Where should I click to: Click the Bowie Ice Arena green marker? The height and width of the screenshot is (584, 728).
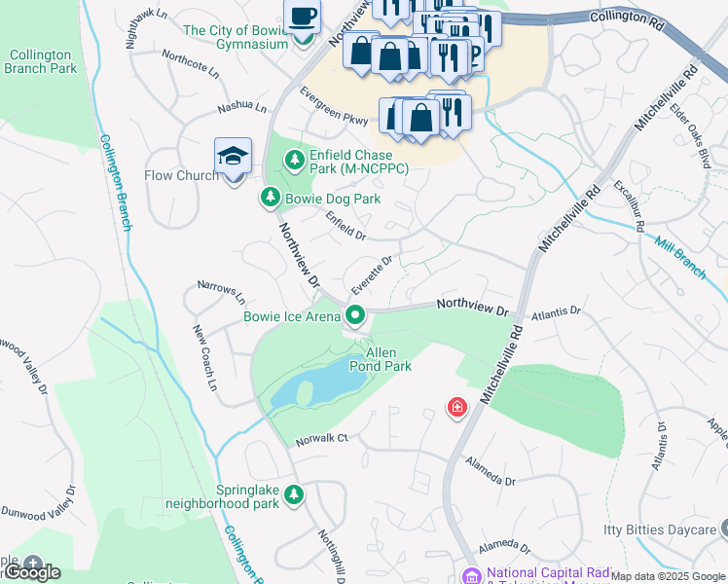[x=355, y=314]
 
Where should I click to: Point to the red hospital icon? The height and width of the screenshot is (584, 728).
[x=455, y=408]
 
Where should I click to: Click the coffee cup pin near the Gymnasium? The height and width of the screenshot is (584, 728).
[x=302, y=18]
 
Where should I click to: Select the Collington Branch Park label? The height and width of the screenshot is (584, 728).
[x=40, y=62]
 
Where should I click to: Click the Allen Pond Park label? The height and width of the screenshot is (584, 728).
[x=389, y=359]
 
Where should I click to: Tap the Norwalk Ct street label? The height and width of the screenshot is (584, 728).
[x=321, y=439]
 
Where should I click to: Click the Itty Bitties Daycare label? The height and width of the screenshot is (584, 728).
[x=658, y=530]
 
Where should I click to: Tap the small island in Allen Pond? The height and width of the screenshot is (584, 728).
[x=305, y=392]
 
